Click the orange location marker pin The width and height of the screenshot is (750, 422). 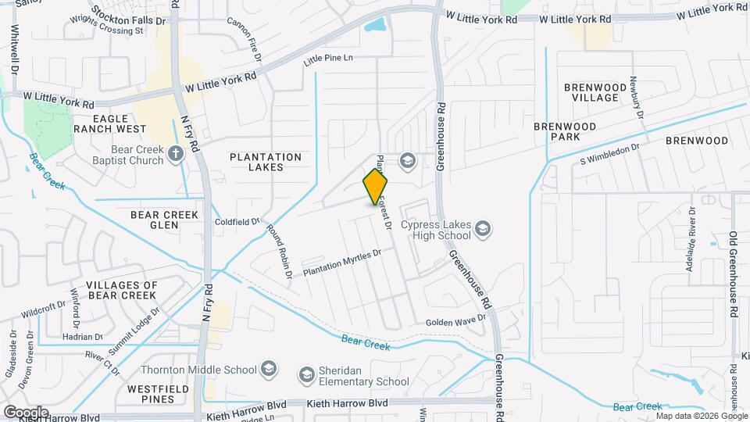(375, 187)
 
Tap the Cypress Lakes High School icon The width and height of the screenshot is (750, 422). (483, 229)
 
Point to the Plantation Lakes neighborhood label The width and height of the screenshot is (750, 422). (266, 163)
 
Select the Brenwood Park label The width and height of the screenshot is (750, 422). (565, 131)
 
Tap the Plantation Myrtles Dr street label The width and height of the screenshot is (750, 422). (341, 262)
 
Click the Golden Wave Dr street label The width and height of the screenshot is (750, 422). (456, 321)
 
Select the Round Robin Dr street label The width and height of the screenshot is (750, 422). (279, 252)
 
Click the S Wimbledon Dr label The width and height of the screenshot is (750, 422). (610, 153)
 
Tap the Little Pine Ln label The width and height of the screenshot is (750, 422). (328, 58)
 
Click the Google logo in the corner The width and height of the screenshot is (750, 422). (26, 412)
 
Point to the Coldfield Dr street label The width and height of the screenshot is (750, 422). (237, 222)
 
